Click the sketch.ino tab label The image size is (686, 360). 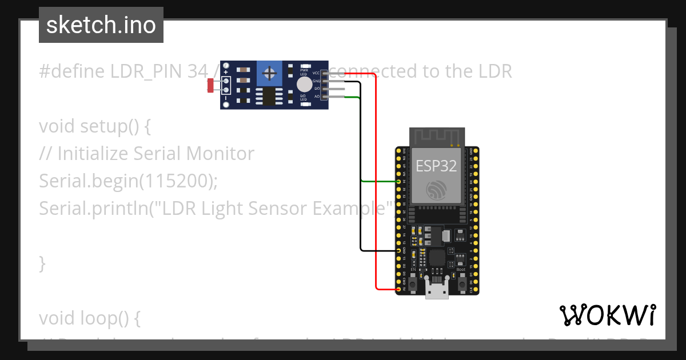pos(101,26)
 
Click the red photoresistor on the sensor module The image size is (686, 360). pos(210,86)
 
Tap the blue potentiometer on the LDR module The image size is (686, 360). pos(269,73)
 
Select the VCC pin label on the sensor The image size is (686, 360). pos(316,73)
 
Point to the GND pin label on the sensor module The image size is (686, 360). pos(316,81)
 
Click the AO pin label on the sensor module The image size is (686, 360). pos(316,97)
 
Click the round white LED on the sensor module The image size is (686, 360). pos(304,85)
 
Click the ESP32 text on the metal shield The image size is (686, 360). pos(436,166)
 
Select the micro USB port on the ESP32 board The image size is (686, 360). pos(437,291)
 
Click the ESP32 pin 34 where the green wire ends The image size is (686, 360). pos(399,181)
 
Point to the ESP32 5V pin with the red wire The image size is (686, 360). pos(399,290)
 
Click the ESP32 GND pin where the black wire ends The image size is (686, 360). pos(399,251)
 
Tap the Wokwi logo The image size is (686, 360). pos(607,315)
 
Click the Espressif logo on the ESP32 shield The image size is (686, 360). pos(436,191)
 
